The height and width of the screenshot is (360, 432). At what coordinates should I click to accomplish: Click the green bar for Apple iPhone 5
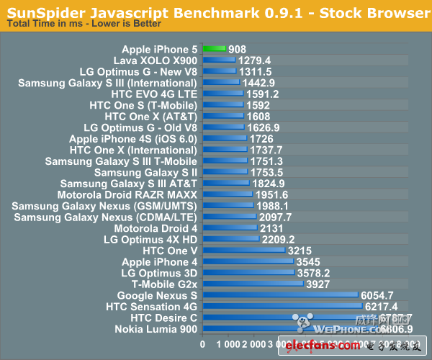tap(214, 49)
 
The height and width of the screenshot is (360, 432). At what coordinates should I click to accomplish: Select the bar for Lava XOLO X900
tap(219, 60)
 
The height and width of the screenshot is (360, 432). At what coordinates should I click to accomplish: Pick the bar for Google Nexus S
tap(280, 295)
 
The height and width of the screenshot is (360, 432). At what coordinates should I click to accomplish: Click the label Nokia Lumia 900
tap(156, 329)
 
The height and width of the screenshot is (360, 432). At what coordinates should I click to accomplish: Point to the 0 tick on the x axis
tap(202, 345)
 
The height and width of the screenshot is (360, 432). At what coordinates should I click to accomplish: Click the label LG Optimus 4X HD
tap(150, 239)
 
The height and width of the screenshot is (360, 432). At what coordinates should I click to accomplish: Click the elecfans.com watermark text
tap(317, 348)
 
